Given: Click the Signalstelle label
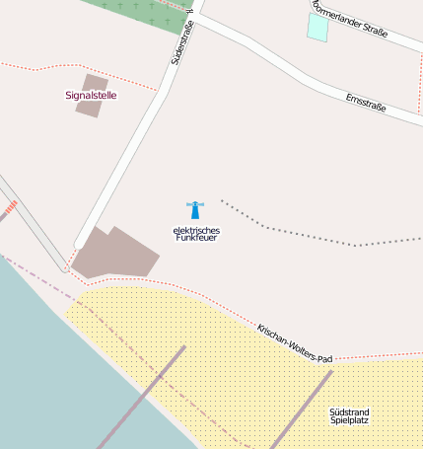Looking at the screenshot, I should coord(91,96).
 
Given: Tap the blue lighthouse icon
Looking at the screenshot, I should coord(195,209).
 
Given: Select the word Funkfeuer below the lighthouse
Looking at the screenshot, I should coord(195,239).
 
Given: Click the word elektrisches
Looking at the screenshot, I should coord(195,231).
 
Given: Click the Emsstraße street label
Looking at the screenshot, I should coord(366,102).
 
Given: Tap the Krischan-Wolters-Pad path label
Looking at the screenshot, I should coord(295,343).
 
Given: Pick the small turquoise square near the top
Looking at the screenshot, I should coord(317,27).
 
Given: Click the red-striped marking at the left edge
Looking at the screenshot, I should coord(9,208).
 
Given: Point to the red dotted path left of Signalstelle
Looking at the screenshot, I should coord(39,67).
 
